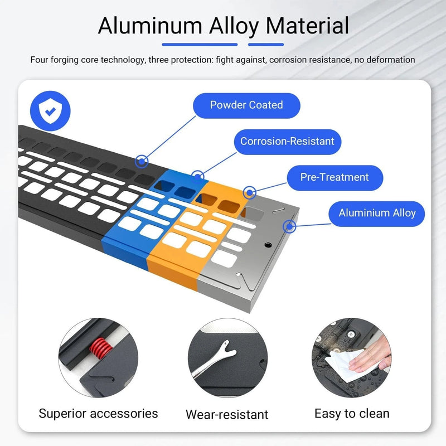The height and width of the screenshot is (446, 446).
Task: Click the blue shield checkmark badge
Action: pyautogui.click(x=50, y=111)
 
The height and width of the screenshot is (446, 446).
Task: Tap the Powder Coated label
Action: pyautogui.click(x=246, y=105)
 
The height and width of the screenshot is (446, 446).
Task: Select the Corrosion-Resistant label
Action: pyautogui.click(x=287, y=142)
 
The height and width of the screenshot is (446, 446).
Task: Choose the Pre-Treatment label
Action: pyautogui.click(x=335, y=177)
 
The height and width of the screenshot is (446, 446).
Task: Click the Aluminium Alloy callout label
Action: pyautogui.click(x=377, y=214)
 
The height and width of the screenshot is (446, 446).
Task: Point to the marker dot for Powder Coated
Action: pyautogui.click(x=142, y=162)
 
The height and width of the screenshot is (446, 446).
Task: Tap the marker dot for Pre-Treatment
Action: pyautogui.click(x=249, y=193)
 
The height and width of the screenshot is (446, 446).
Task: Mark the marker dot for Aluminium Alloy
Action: pyautogui.click(x=289, y=227)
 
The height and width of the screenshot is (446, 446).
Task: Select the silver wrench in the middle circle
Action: pyautogui.click(x=214, y=358)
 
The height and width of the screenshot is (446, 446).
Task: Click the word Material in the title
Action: pyautogui.click(x=307, y=26)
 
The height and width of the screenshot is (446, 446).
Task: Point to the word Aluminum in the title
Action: pyautogui.click(x=150, y=26)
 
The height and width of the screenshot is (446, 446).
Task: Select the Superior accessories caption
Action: pyautogui.click(x=98, y=414)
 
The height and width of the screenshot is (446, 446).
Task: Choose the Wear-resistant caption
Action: pyautogui.click(x=227, y=414)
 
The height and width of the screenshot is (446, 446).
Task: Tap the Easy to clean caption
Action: pyautogui.click(x=352, y=414)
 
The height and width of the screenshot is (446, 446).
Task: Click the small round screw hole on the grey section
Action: pyautogui.click(x=268, y=245)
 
